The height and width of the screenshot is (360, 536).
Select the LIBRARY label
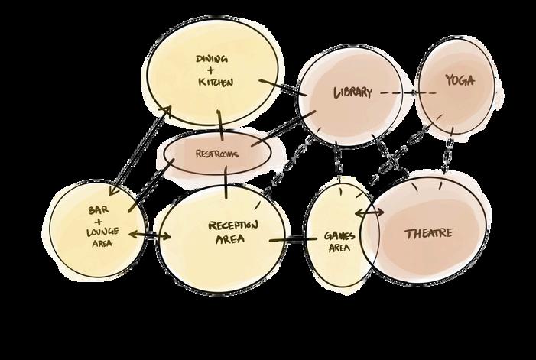point(352,93)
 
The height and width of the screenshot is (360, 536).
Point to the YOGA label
point(460,81)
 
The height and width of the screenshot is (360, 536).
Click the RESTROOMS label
point(217,154)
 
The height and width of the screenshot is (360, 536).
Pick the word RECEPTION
point(233,225)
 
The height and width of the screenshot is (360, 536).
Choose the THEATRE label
point(428,233)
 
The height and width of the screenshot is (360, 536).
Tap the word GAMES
point(339,236)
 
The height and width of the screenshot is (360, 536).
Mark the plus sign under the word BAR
point(98,219)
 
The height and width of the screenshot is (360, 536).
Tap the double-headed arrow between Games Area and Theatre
point(369,213)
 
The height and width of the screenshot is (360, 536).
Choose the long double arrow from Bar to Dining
point(140,150)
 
